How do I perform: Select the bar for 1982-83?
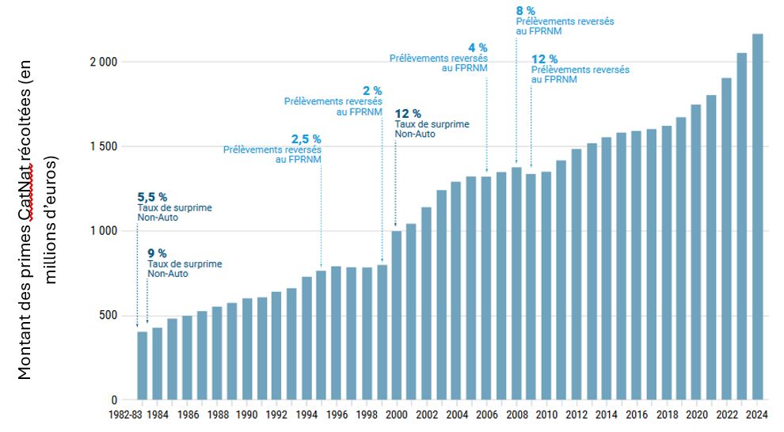[143, 366]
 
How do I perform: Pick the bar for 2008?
[516, 283]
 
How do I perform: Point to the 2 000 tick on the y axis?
[103, 63]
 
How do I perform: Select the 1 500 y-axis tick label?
[103, 147]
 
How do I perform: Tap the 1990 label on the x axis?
[247, 415]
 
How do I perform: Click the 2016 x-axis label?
[636, 415]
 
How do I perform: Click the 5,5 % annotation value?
[152, 197]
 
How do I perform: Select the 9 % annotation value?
[157, 253]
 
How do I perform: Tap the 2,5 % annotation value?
[306, 139]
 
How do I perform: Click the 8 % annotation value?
[525, 10]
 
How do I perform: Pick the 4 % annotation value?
[479, 47]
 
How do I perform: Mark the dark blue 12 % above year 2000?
[408, 114]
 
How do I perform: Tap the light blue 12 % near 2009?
[544, 59]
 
